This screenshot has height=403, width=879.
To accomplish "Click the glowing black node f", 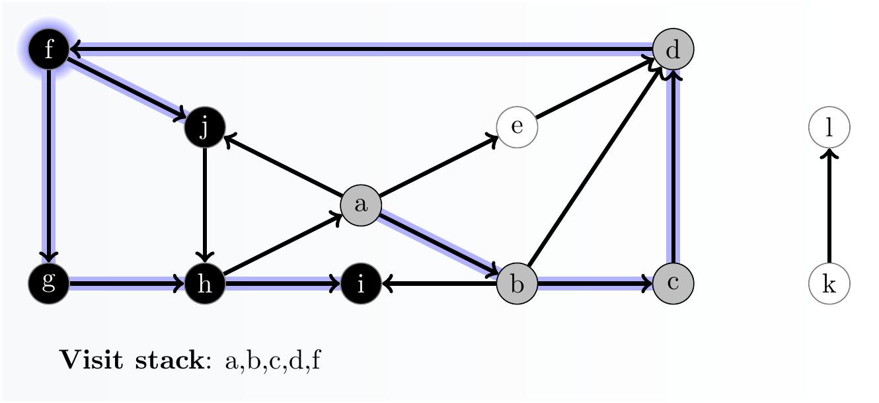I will (x=49, y=49).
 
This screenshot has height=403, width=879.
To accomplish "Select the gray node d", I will (x=673, y=49).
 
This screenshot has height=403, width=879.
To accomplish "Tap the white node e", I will (x=517, y=127).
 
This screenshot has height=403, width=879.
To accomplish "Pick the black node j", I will (x=205, y=127).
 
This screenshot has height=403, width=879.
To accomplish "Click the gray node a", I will (x=361, y=205).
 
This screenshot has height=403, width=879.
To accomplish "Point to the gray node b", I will (x=517, y=284).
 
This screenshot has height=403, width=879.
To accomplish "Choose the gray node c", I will (x=673, y=284).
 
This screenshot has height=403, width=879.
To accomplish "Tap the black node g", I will (x=49, y=284).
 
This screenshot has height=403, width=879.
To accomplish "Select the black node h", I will (x=205, y=284).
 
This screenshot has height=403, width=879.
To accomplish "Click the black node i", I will (x=361, y=284).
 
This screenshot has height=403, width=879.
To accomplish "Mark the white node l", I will (x=829, y=127).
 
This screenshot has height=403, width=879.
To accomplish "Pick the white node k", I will (x=829, y=284).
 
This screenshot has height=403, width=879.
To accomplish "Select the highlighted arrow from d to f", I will (x=361, y=48).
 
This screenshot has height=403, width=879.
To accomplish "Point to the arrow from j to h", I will (x=205, y=205).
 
